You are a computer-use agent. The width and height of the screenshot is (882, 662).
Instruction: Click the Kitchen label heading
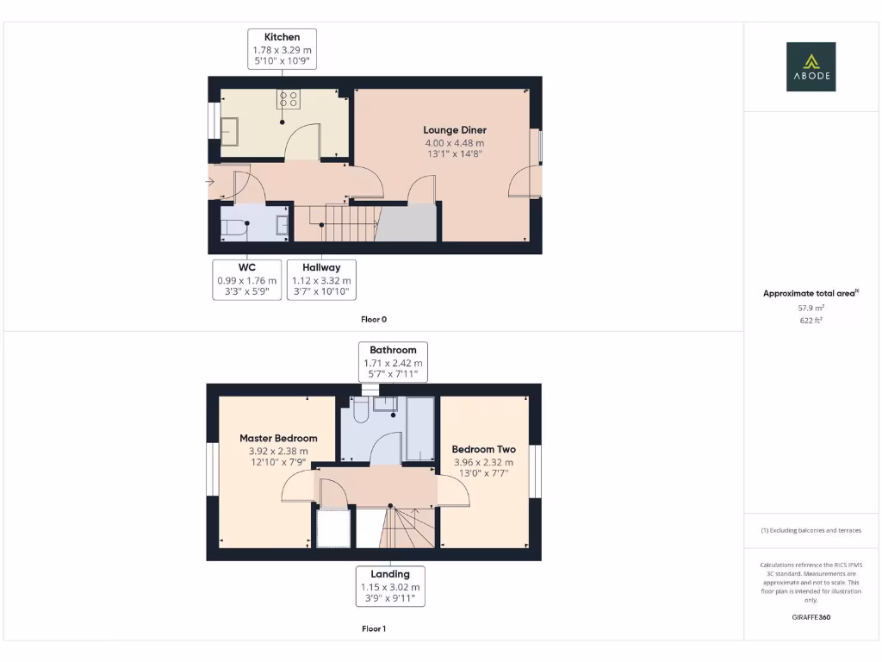point(282,37)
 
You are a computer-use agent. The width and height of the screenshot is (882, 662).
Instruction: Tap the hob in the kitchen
point(288,99)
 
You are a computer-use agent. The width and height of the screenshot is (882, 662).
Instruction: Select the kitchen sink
point(230,131)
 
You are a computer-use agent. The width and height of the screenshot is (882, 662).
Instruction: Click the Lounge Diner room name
point(455,130)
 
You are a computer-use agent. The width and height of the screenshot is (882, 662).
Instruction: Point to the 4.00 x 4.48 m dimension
point(455,143)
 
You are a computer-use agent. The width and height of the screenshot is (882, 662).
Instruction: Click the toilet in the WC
point(233,226)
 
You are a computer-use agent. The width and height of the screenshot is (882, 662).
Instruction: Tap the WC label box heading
point(247,267)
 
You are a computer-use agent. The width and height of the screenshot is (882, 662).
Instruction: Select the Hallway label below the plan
point(320,267)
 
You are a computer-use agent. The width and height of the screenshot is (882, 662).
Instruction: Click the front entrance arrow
point(210,182)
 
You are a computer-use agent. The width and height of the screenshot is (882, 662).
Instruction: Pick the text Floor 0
point(374,319)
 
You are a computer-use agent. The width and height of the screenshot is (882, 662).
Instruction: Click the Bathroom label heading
point(393,350)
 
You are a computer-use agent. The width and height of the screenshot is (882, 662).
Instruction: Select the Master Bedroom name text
point(278,438)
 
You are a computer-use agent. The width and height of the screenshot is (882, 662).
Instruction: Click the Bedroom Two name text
point(483,449)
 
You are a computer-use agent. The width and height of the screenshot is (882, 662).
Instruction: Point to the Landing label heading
point(390,573)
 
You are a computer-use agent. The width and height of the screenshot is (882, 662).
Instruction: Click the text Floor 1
point(374,628)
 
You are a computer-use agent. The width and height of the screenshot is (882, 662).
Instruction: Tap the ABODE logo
point(811,67)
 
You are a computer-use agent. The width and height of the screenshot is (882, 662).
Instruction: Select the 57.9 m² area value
point(811,307)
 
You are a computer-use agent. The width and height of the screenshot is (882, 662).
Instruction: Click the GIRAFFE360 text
point(811,617)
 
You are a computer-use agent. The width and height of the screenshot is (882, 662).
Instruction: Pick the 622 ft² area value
point(811,320)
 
